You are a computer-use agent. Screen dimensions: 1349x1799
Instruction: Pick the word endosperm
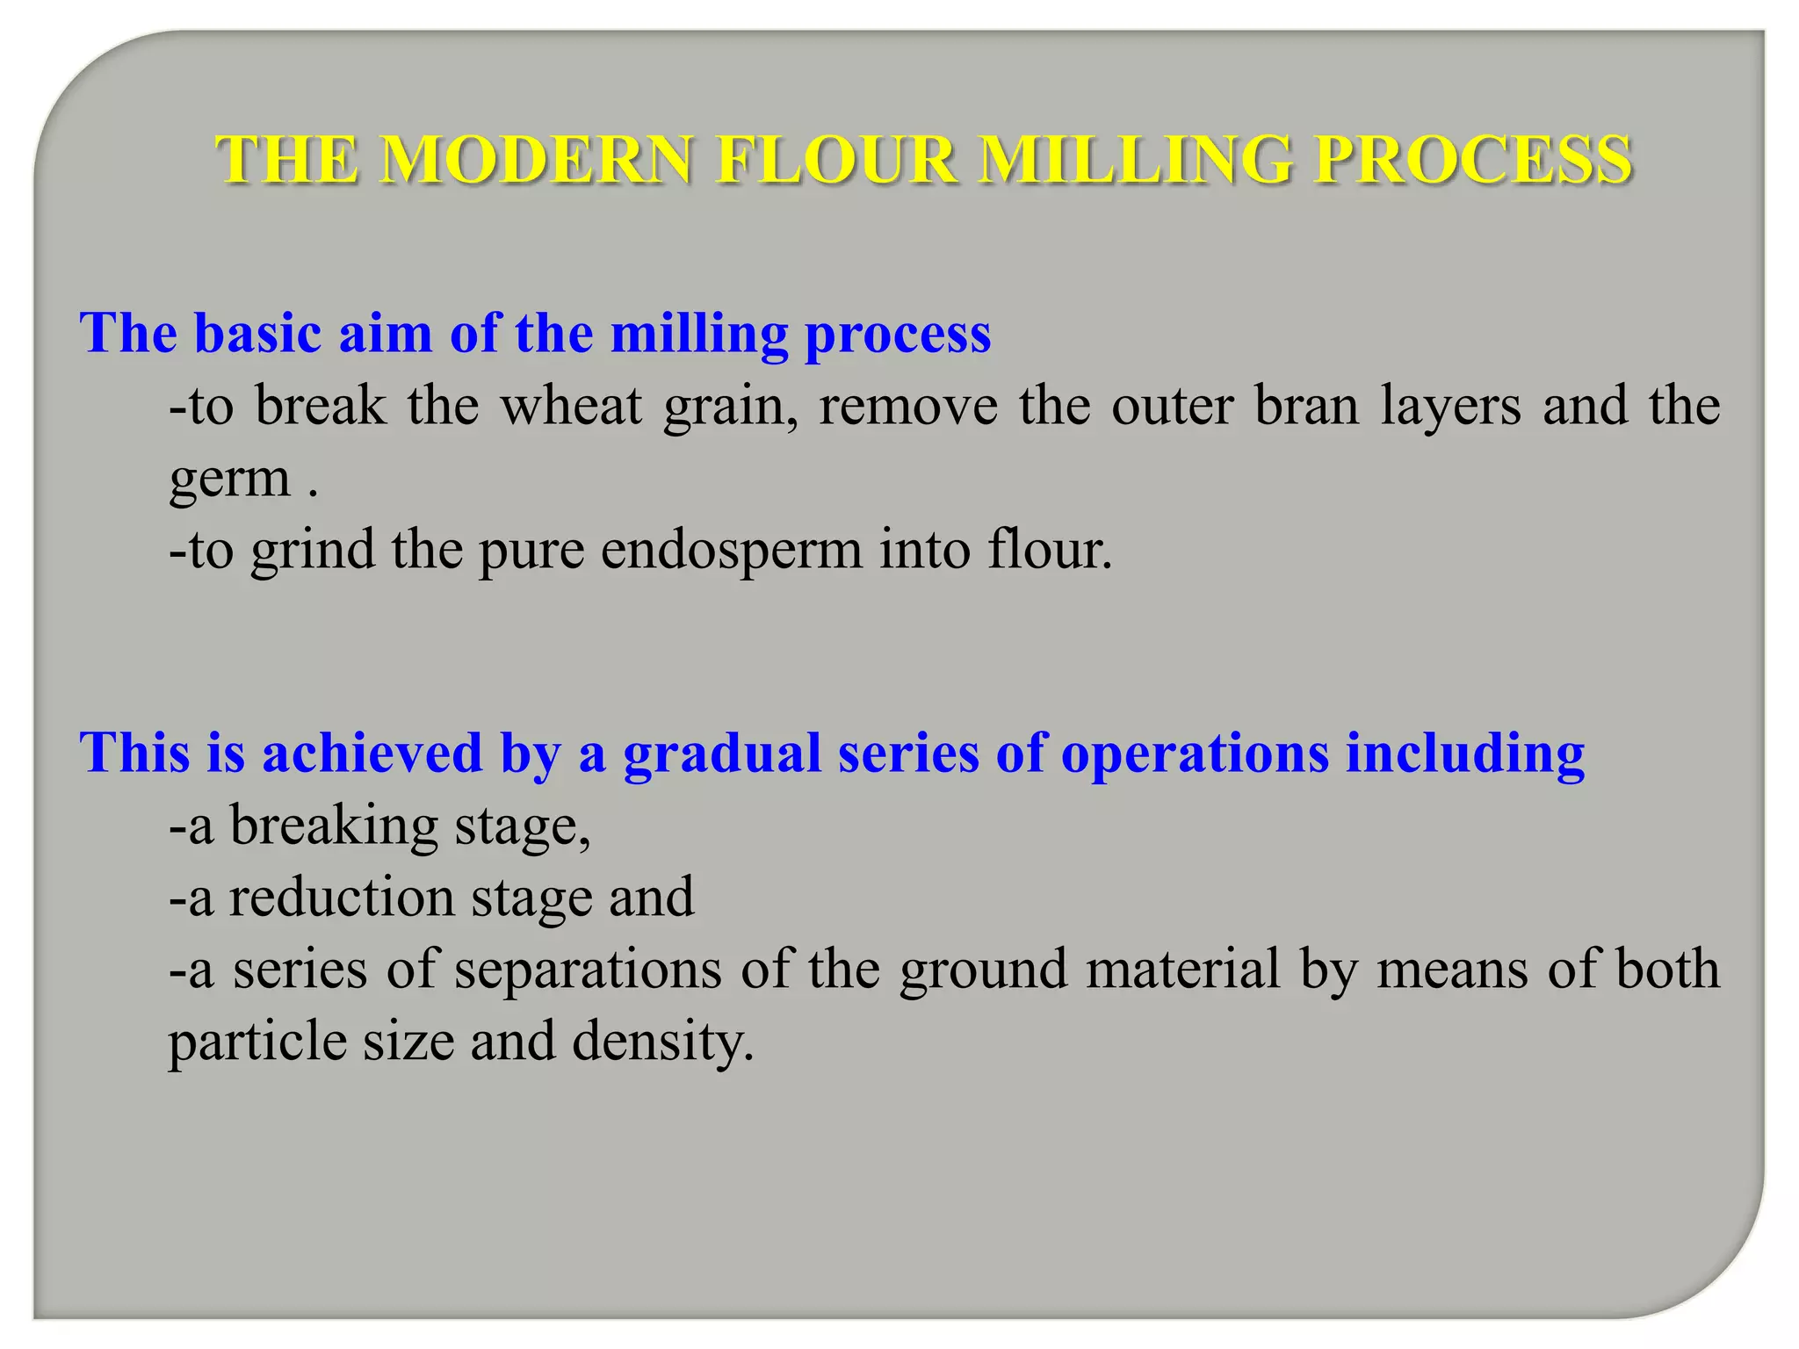pyautogui.click(x=732, y=551)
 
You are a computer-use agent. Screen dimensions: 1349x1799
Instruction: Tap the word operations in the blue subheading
pyautogui.click(x=1195, y=754)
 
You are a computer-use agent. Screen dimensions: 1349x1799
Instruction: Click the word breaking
pyautogui.click(x=334, y=826)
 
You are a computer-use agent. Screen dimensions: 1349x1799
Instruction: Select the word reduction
pyautogui.click(x=342, y=898)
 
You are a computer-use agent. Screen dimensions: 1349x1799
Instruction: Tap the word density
pyautogui.click(x=662, y=1043)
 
